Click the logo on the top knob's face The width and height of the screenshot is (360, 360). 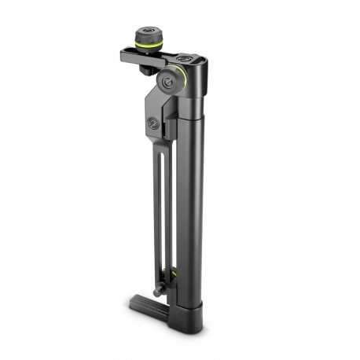[x=145, y=31]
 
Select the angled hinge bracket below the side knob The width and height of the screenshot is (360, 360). [x=160, y=118]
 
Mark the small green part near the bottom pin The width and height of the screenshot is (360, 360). [x=167, y=274]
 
